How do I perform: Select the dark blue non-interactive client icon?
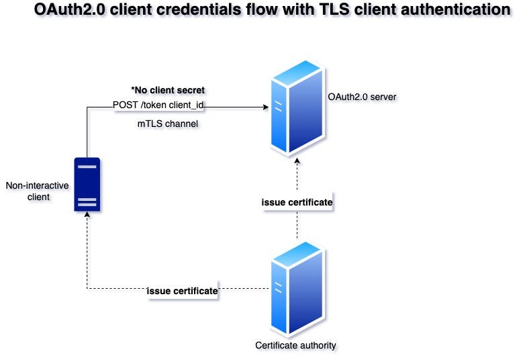[87, 185]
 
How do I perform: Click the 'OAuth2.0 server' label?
[362, 97]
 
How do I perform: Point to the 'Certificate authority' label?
[295, 345]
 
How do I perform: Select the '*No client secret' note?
[168, 90]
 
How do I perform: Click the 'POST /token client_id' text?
[158, 105]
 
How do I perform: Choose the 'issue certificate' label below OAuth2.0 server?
[296, 201]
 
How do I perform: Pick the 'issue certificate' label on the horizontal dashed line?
[182, 291]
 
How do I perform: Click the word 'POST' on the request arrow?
[125, 105]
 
